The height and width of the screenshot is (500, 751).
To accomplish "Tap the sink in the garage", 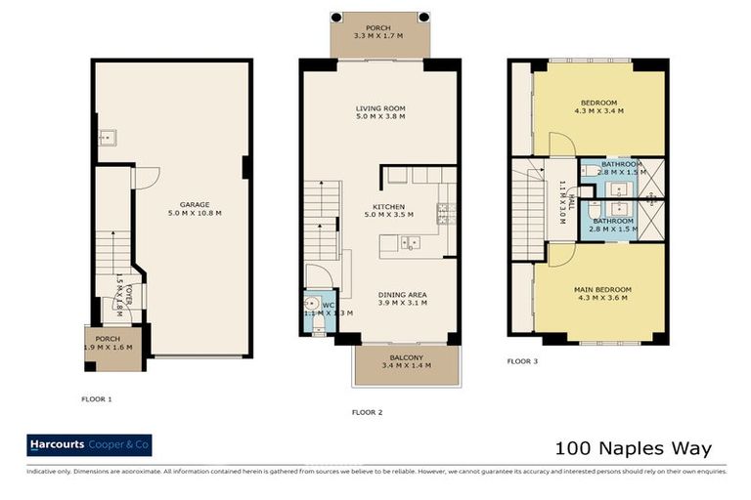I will tap(107, 139).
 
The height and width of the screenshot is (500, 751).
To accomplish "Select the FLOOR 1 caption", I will tap(97, 398).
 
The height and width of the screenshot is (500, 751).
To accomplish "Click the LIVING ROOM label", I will tap(379, 108).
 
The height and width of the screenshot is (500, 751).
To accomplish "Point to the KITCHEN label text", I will tap(383, 207).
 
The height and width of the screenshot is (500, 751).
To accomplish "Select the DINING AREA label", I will tap(403, 295).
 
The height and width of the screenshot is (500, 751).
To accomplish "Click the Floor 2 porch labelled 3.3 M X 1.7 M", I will tap(378, 33).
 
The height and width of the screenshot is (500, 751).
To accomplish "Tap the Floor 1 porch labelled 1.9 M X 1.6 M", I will tap(110, 345).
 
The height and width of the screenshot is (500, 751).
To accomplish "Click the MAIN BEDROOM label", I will tap(602, 289).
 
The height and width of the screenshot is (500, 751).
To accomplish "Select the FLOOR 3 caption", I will tap(522, 360).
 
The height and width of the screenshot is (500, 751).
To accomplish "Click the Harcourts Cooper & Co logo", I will tap(89, 446).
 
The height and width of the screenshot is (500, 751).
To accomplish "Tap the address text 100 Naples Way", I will tap(634, 449).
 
